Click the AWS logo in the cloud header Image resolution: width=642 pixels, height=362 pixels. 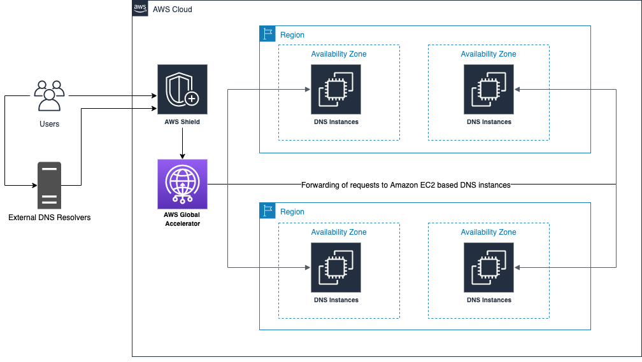click(x=140, y=9)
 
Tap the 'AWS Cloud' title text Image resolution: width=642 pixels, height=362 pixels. click(x=172, y=10)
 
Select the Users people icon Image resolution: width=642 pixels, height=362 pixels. click(x=49, y=96)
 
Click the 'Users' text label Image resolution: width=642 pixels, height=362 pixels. click(x=49, y=123)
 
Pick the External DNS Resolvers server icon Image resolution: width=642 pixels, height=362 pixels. click(x=49, y=185)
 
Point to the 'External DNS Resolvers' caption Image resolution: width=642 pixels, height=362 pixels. click(x=49, y=218)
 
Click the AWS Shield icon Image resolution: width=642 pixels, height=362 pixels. click(x=182, y=89)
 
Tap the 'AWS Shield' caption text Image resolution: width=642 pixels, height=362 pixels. click(x=182, y=122)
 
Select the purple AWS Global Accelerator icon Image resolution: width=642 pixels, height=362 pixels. click(x=182, y=184)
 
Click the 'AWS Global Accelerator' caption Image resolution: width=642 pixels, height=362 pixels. click(x=182, y=219)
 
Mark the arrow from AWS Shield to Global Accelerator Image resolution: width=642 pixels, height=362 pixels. click(x=182, y=144)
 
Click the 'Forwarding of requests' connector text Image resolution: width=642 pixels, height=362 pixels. click(x=406, y=184)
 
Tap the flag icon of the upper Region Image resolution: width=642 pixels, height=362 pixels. click(x=267, y=34)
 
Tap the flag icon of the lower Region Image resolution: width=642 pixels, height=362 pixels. click(x=267, y=211)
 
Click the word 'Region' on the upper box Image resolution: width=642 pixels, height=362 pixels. click(x=292, y=35)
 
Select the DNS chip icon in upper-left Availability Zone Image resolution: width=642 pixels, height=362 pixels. click(x=336, y=89)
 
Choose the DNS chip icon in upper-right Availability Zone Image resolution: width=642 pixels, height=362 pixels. click(x=489, y=89)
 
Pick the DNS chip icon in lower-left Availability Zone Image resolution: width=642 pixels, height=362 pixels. click(x=336, y=267)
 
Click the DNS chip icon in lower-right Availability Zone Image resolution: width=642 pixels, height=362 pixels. click(x=489, y=267)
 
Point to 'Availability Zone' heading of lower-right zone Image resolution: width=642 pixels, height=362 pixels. click(x=489, y=232)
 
